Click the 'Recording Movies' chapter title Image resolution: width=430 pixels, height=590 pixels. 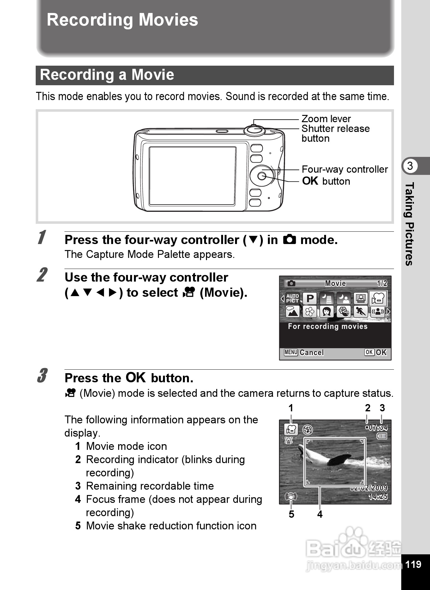[x=122, y=20]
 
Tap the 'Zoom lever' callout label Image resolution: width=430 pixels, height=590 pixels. [x=326, y=119]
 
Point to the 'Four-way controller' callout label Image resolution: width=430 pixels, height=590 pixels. [x=344, y=169]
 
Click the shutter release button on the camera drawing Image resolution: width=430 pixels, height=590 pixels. [x=254, y=130]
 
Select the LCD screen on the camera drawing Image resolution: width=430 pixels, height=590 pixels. [x=192, y=176]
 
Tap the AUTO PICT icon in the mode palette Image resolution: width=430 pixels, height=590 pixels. [x=293, y=298]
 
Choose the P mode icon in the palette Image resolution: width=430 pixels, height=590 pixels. [x=310, y=298]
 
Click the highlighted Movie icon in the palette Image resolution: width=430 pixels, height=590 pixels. [x=378, y=298]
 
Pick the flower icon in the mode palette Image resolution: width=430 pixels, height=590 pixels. [x=310, y=312]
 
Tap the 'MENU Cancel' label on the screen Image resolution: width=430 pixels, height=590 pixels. [x=304, y=352]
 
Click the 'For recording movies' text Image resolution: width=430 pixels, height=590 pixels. [x=328, y=326]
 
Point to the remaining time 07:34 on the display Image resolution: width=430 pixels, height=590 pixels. [x=378, y=428]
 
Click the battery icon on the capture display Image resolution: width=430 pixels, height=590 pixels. [x=382, y=436]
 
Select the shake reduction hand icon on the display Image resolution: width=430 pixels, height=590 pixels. [x=291, y=497]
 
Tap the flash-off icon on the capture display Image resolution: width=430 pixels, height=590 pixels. [x=307, y=429]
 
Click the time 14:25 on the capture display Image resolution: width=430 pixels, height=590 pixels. [x=378, y=497]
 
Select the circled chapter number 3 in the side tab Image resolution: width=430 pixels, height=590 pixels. [x=410, y=166]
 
